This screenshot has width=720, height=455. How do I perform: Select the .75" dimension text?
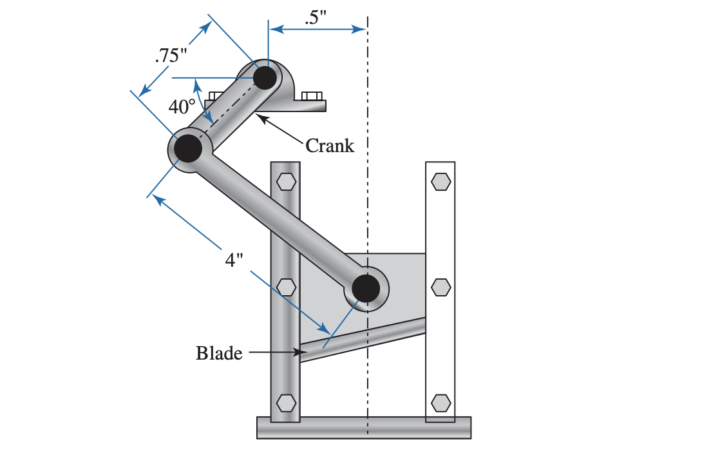tap(171, 55)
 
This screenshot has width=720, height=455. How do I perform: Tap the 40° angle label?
tap(182, 106)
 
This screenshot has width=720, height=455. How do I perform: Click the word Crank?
tap(330, 146)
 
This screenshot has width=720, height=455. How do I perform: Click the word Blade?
tap(219, 353)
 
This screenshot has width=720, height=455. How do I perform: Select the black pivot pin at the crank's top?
tap(265, 78)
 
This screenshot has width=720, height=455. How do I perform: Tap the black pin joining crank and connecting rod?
tap(187, 148)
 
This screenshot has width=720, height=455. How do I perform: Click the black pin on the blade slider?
tap(366, 289)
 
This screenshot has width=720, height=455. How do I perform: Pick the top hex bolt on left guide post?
tap(285, 182)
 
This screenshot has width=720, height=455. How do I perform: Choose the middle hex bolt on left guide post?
tap(285, 286)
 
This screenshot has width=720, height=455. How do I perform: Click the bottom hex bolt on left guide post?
tap(285, 403)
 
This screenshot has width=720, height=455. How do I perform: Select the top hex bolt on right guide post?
tap(441, 182)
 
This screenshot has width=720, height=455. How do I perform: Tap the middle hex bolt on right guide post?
tap(441, 286)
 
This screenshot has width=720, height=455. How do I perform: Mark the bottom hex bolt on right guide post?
tap(441, 403)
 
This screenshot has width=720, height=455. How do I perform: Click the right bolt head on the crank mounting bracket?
tap(312, 96)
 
